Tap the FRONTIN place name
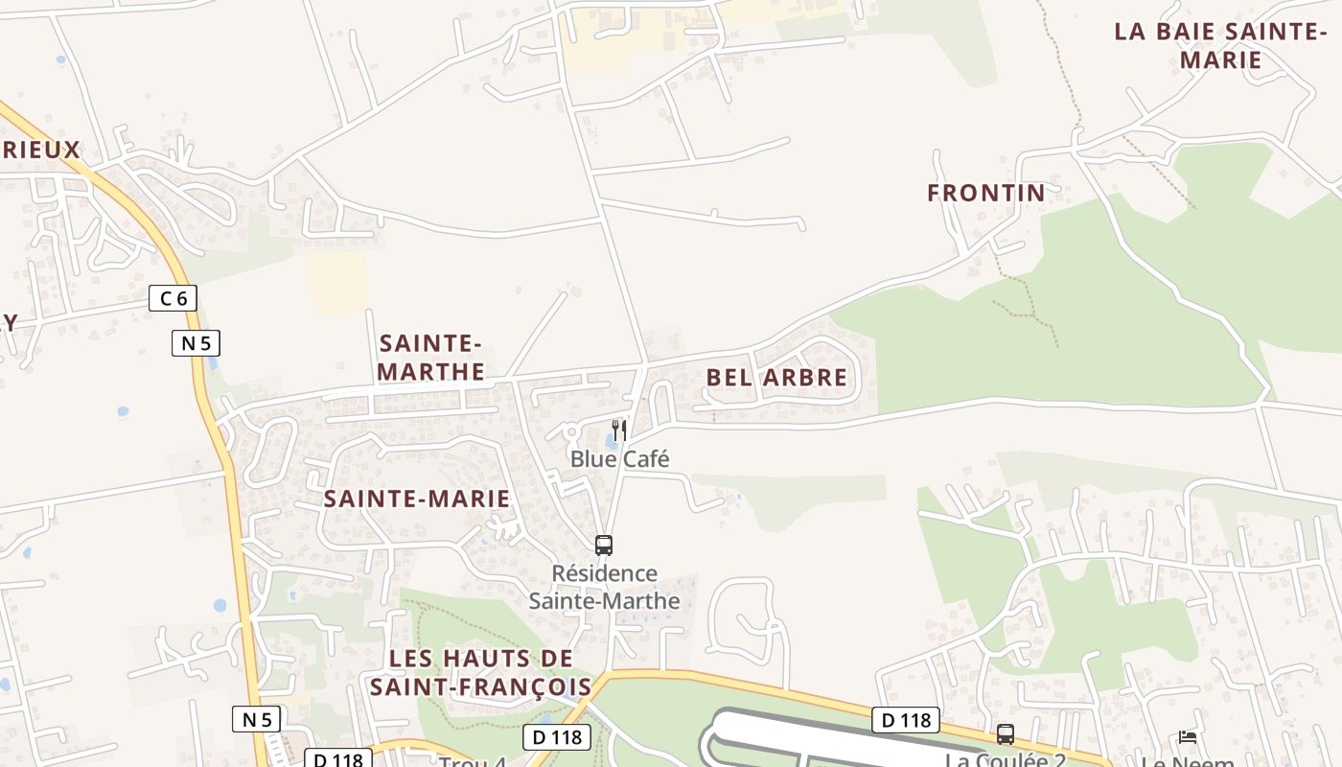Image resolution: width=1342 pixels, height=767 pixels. tap(985, 193)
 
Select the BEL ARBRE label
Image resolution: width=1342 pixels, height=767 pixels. tap(776, 378)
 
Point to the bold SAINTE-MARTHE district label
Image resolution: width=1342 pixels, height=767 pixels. tap(431, 357)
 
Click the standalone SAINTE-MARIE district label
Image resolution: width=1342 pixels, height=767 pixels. tap(416, 499)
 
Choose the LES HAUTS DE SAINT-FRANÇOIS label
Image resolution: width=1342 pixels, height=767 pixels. tap(481, 673)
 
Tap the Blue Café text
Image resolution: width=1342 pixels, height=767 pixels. tap(619, 459)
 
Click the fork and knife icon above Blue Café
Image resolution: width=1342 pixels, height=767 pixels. tap(619, 430)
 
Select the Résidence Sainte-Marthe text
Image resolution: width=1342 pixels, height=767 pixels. tap(604, 587)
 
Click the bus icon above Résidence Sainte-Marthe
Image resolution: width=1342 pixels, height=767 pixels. tap(603, 545)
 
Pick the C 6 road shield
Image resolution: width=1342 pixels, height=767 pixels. tap(173, 298)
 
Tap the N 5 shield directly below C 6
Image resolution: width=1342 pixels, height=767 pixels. tap(197, 342)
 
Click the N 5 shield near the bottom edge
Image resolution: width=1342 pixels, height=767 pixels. tap(256, 719)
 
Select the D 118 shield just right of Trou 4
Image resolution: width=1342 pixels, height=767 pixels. tap(556, 737)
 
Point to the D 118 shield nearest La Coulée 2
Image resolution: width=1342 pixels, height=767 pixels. tap(905, 720)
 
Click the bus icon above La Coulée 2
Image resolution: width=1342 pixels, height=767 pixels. tap(1006, 734)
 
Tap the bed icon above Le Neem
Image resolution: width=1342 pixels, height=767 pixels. tap(1188, 736)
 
